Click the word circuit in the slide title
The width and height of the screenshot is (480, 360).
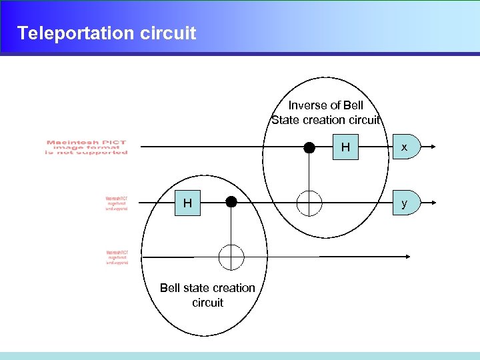point(169,33)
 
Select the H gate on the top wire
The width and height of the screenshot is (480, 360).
point(345,147)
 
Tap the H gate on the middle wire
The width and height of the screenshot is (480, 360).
point(188,203)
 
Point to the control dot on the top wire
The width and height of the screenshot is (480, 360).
point(309,148)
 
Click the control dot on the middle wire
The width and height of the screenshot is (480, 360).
point(231,201)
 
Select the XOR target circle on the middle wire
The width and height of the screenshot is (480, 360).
point(309,203)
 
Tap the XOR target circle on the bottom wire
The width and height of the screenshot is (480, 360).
point(231,257)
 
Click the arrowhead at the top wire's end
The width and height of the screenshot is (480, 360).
point(434,147)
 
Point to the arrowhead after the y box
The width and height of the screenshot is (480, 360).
point(434,203)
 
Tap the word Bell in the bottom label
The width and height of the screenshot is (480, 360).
point(171,288)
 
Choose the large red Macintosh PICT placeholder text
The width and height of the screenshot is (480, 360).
point(86,147)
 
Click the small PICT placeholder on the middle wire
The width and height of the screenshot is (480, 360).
point(117,203)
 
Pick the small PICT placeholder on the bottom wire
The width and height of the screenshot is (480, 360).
point(117,258)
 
